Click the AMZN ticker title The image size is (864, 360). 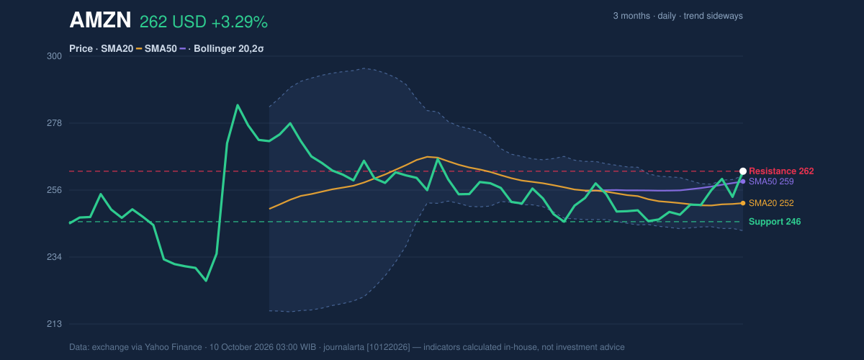100,20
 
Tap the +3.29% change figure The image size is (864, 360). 240,22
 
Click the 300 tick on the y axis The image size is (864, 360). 55,56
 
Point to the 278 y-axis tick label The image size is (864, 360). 55,123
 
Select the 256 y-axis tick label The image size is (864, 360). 55,190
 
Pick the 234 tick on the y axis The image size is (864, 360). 55,257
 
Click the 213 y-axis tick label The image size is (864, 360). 55,324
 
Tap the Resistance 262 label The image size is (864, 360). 781,171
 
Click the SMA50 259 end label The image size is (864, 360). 771,181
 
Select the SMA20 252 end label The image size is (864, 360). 771,203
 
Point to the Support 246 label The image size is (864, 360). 775,222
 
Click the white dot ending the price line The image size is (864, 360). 743,171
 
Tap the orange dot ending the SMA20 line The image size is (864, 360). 743,203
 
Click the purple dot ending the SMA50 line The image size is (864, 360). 743,181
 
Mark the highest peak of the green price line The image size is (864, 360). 237,105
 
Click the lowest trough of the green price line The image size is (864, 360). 206,281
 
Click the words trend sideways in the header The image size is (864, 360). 714,17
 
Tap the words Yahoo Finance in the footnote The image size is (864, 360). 174,347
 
